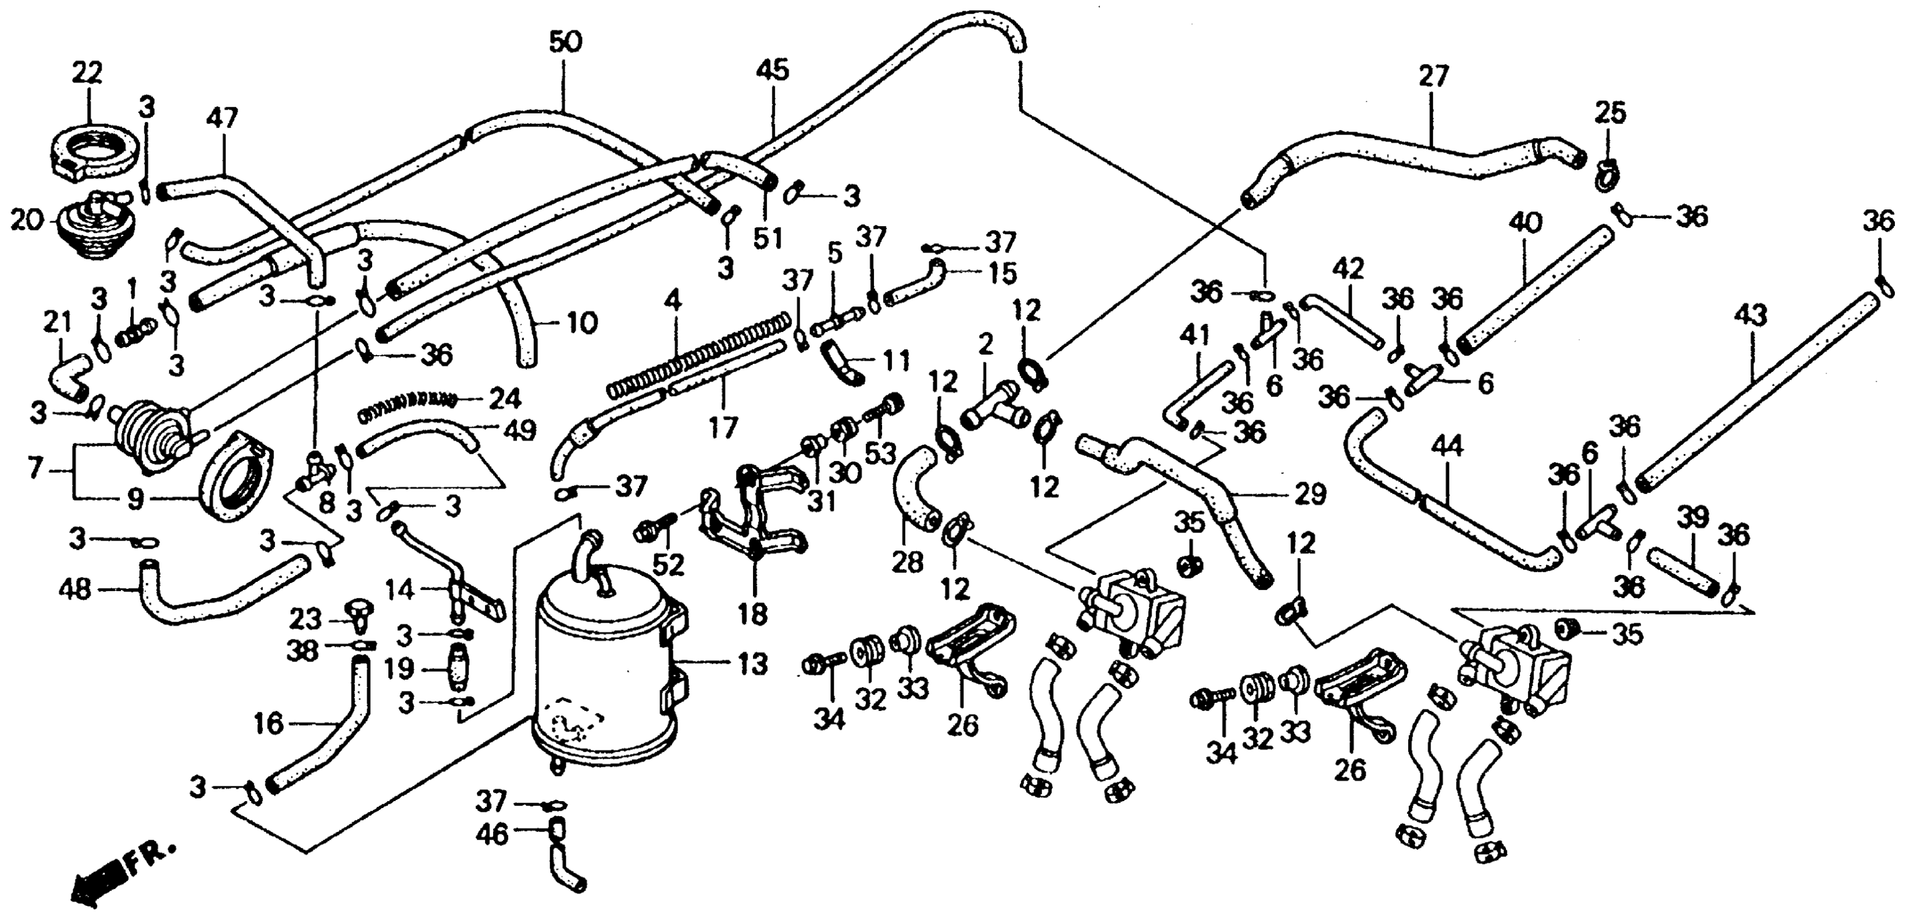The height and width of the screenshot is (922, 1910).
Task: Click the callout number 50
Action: [565, 42]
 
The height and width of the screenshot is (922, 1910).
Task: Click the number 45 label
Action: [772, 71]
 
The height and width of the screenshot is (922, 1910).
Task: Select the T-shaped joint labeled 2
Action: [994, 408]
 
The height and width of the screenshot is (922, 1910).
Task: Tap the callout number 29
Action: [1309, 494]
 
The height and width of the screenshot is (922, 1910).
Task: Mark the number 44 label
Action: [1447, 447]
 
